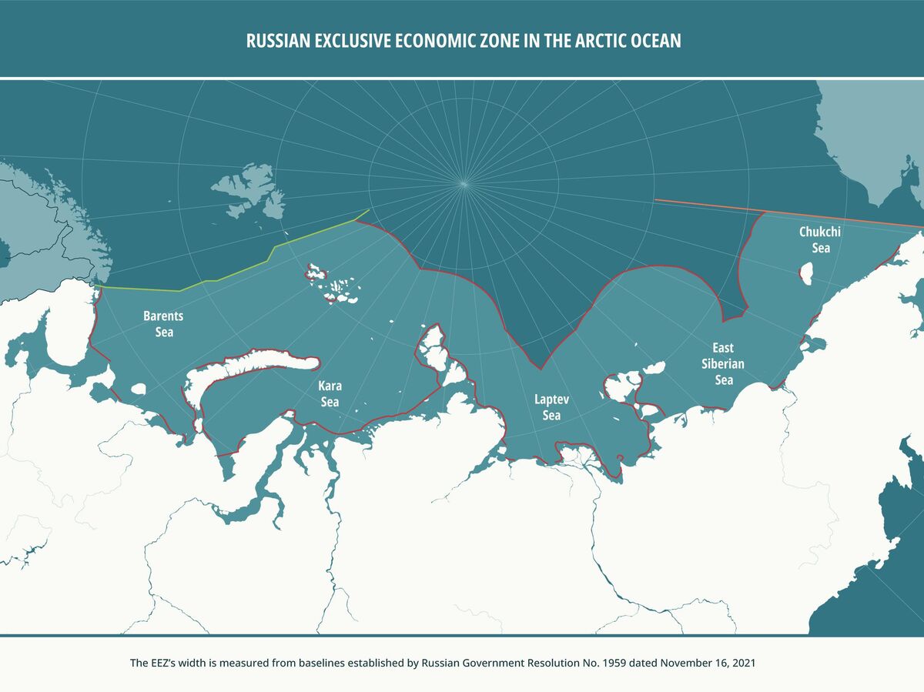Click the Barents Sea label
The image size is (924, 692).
click(163, 324)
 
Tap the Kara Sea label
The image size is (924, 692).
click(330, 393)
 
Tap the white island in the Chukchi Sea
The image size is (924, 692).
click(807, 273)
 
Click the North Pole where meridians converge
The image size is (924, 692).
click(463, 182)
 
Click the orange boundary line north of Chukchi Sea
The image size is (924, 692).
click(708, 205)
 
